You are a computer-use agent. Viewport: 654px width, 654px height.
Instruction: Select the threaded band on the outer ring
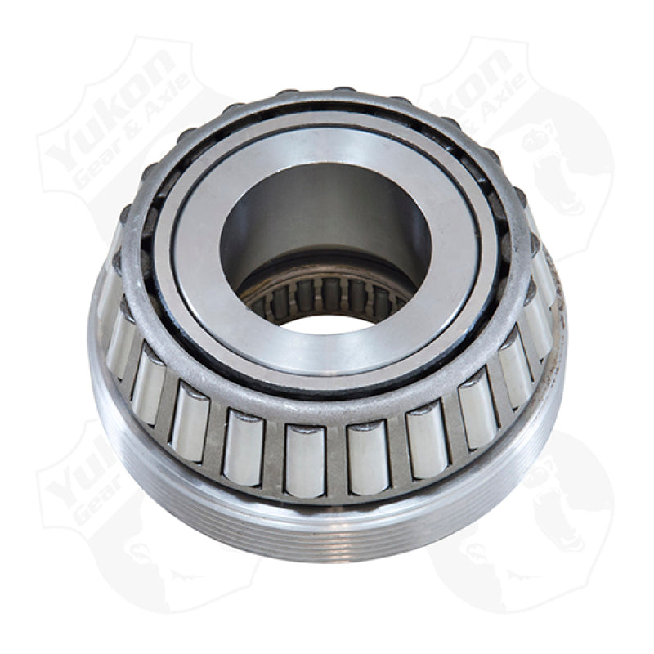pos(327,523)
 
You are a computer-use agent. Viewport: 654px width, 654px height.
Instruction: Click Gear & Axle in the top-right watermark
pos(499,123)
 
